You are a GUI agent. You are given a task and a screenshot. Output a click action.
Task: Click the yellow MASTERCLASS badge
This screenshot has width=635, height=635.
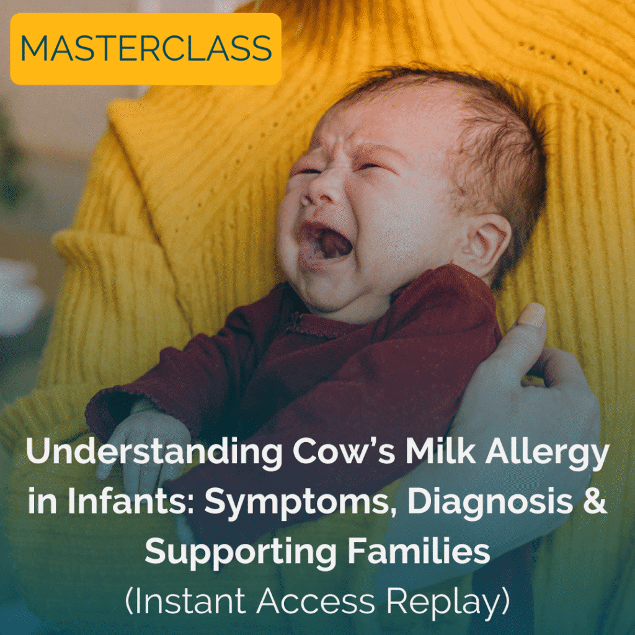pos(146,48)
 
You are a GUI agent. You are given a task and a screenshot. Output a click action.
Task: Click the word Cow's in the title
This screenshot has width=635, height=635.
pos(344,451)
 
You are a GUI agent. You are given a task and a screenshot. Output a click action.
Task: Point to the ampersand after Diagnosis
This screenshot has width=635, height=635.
pos(595,501)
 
